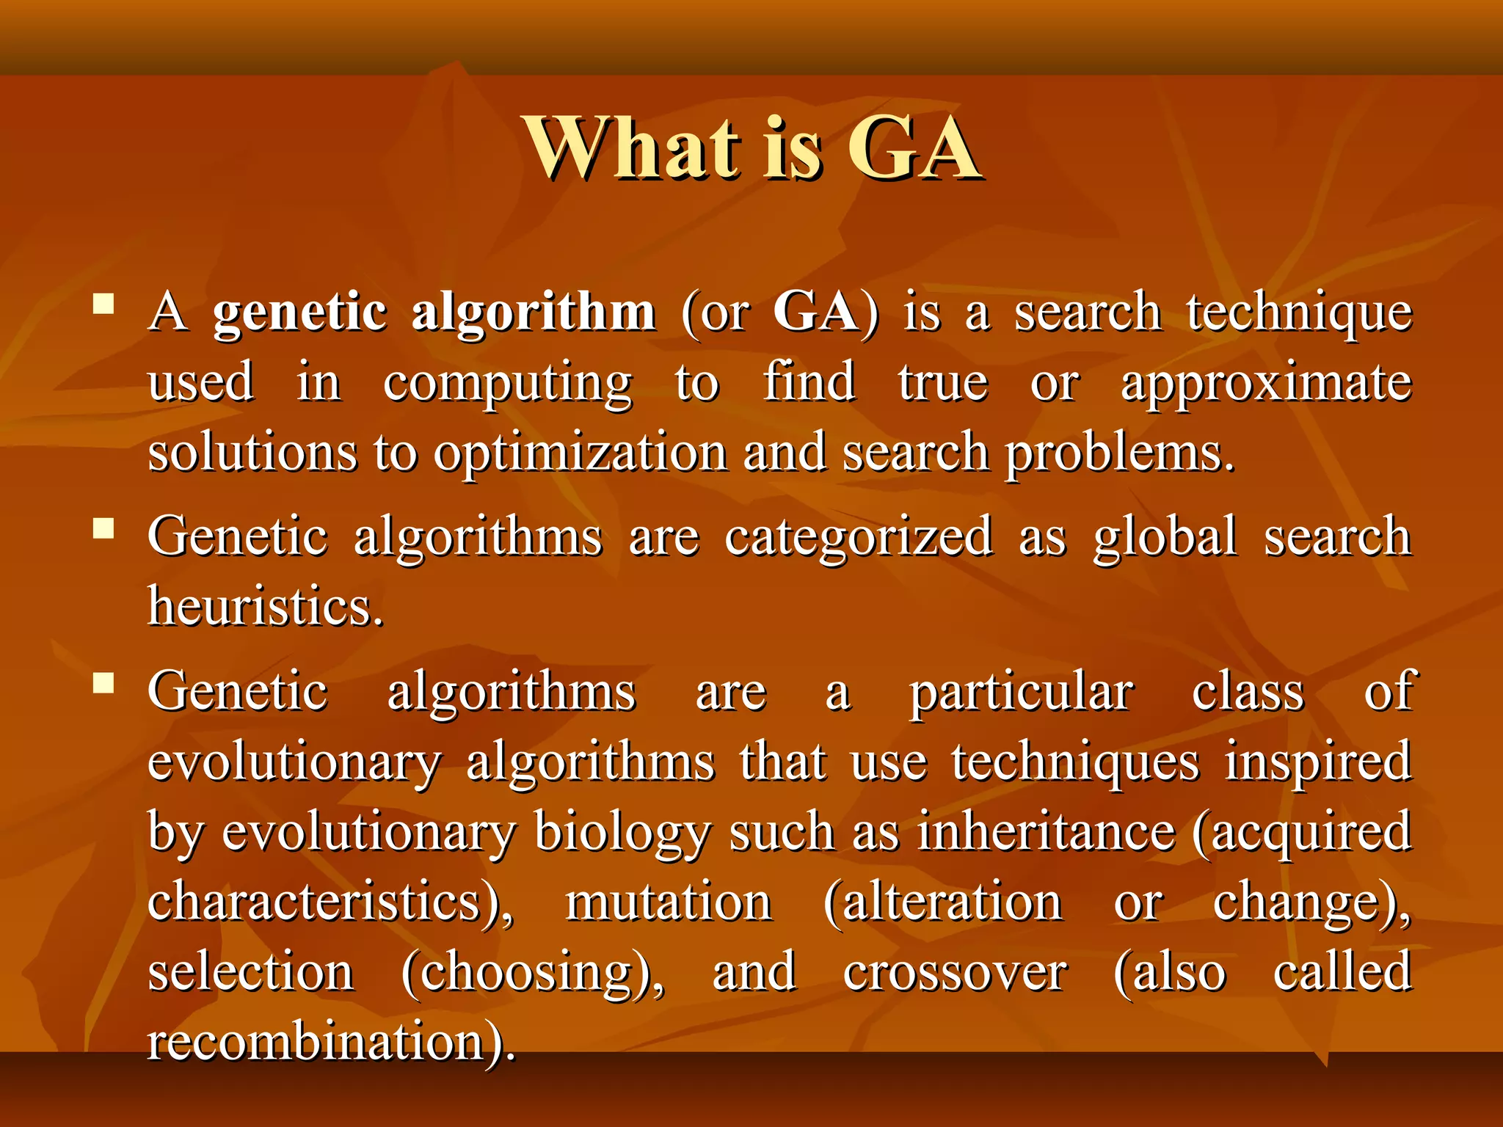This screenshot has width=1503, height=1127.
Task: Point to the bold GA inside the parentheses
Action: pyautogui.click(x=815, y=312)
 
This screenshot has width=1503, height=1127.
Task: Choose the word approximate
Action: pyautogui.click(x=1266, y=384)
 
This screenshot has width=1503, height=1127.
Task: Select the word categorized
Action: pyautogui.click(x=859, y=538)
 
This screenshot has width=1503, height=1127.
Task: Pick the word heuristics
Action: pyautogui.click(x=264, y=608)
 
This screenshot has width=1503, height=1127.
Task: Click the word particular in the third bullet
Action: pyautogui.click(x=1022, y=693)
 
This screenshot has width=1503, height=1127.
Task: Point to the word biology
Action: pyautogui.click(x=622, y=834)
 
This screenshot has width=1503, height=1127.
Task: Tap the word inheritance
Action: pyautogui.click(x=1047, y=832)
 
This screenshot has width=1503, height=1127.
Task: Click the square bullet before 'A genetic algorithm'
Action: pyautogui.click(x=104, y=304)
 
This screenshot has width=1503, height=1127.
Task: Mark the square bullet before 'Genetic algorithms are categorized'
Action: pyautogui.click(x=104, y=528)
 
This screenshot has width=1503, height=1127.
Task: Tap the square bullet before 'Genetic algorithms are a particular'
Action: pyautogui.click(x=104, y=683)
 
